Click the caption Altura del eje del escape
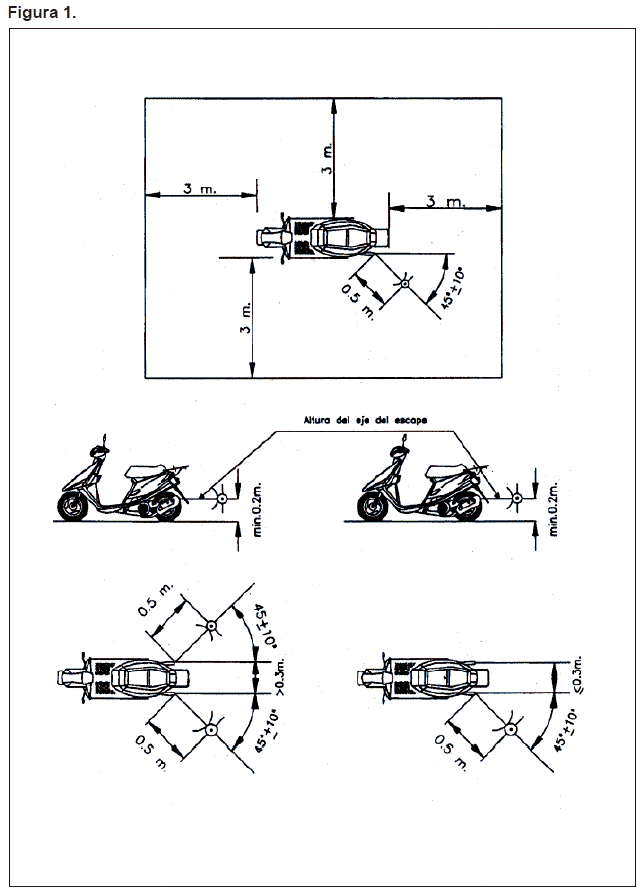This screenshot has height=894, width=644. pyautogui.click(x=366, y=422)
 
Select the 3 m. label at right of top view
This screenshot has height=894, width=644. pyautogui.click(x=445, y=201)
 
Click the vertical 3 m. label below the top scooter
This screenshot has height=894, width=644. pyautogui.click(x=246, y=320)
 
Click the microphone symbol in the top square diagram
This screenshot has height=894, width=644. pyautogui.click(x=405, y=284)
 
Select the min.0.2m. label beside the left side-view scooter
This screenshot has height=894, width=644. pyautogui.click(x=256, y=507)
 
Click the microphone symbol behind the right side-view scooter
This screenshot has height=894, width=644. pyautogui.click(x=517, y=497)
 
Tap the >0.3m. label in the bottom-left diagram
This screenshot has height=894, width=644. pyautogui.click(x=282, y=676)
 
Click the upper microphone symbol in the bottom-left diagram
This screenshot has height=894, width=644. pyautogui.click(x=211, y=626)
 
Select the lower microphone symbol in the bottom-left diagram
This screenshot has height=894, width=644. pyautogui.click(x=211, y=730)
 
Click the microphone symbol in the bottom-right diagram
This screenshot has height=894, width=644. pyautogui.click(x=509, y=729)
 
